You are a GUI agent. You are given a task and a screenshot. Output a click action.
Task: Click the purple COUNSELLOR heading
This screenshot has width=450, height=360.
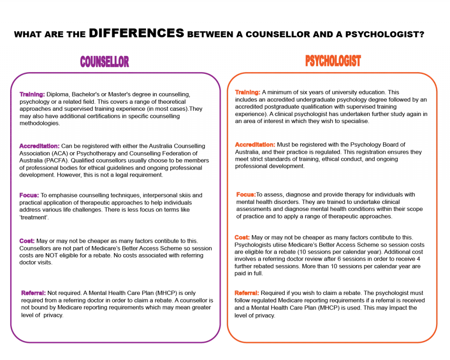(x=105, y=62)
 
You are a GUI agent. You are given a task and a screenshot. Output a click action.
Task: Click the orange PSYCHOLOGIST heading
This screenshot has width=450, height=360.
(x=333, y=61)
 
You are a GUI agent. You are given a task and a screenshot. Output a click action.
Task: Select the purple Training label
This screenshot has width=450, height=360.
(x=32, y=95)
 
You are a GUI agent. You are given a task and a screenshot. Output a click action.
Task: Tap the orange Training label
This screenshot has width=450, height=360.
(x=247, y=92)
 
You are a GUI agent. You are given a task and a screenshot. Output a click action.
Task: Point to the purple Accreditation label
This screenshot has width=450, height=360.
(x=39, y=146)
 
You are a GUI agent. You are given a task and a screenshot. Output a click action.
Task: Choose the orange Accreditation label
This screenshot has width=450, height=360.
(x=255, y=145)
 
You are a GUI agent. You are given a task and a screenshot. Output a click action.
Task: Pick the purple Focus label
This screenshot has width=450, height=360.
(x=29, y=196)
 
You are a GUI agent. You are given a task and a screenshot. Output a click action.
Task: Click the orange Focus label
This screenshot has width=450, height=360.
(x=246, y=194)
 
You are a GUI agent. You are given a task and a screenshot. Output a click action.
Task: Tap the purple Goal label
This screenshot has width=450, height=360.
(x=27, y=241)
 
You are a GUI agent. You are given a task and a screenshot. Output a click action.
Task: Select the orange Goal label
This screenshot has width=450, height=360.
(x=241, y=238)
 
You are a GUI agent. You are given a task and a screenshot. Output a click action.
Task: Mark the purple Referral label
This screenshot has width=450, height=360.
(x=33, y=292)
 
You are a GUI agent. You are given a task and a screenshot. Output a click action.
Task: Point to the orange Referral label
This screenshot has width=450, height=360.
(x=247, y=292)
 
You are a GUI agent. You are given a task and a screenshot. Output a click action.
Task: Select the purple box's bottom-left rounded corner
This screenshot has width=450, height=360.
(x=15, y=337)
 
